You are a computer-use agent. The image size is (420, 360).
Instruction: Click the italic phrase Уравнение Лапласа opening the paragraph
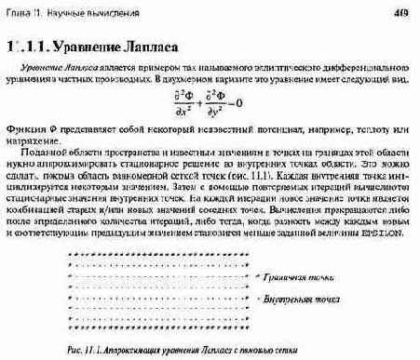click(x=56, y=70)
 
